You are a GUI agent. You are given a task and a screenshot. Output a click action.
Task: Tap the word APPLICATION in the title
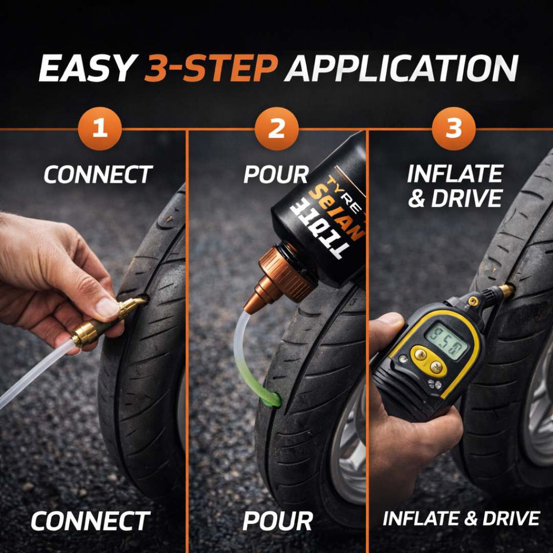pos(401,68)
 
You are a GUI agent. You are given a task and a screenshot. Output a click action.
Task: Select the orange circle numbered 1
pos(99,130)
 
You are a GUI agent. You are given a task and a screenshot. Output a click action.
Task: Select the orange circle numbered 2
pos(276,130)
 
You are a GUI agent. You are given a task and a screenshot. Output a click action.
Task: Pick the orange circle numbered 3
pos(454,130)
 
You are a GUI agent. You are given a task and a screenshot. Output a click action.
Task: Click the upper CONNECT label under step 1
pos(98,174)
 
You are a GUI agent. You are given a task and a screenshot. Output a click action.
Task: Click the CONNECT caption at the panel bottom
pos(90,521)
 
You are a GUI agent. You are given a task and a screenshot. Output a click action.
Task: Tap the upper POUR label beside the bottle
pos(275,174)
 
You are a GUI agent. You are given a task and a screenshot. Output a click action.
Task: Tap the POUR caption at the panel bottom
pos(277,521)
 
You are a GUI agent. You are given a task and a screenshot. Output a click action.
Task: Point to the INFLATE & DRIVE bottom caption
pos(461,518)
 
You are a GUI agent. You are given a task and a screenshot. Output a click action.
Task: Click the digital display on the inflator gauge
pos(447,341)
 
